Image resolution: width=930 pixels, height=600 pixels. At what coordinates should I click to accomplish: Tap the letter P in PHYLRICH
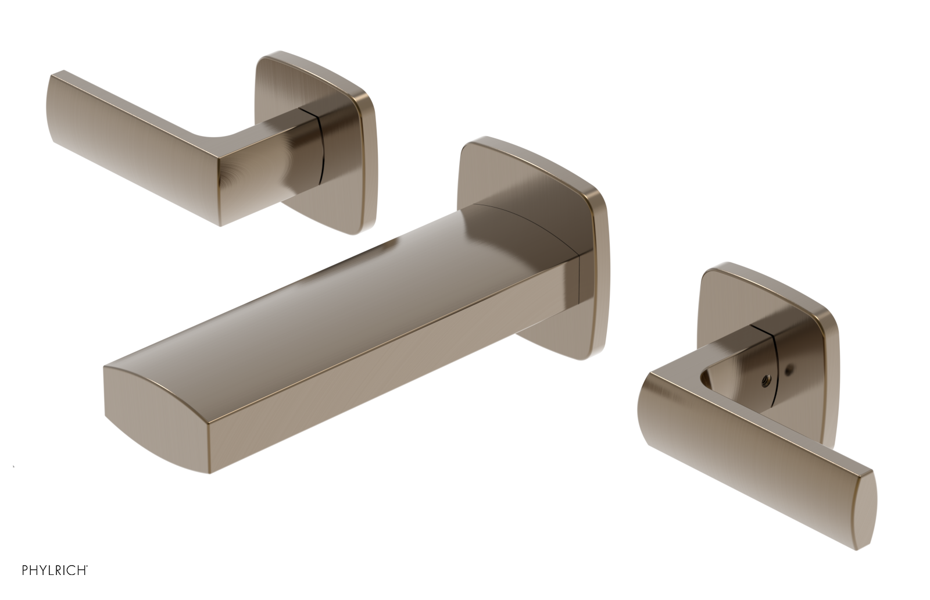tap(25, 570)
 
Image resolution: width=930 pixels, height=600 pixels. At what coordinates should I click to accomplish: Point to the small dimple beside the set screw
tap(788, 368)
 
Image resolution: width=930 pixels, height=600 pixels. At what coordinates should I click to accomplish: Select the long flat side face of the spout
tap(349, 378)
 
